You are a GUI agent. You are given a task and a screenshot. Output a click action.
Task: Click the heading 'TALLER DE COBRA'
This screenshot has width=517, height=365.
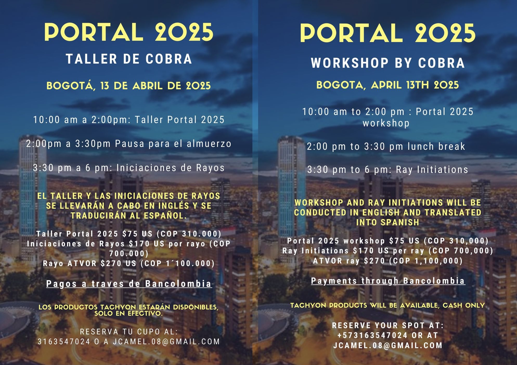(x=129, y=59)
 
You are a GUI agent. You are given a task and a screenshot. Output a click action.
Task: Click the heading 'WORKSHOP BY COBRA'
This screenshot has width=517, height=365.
(x=388, y=63)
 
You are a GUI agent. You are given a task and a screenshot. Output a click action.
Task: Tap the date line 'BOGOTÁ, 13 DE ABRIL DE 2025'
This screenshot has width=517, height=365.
(x=129, y=86)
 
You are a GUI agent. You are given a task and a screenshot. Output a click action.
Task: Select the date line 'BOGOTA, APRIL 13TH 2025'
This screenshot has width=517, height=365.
(x=387, y=85)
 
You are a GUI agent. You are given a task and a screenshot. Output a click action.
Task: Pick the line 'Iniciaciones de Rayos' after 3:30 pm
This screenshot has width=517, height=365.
(x=171, y=168)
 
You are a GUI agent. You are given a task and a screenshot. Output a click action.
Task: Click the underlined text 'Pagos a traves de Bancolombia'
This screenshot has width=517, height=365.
(x=129, y=284)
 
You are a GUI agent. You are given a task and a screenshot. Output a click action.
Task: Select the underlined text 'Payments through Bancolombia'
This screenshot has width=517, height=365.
(x=388, y=281)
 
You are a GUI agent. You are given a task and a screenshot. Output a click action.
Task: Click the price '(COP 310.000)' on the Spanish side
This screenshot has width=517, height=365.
(x=189, y=234)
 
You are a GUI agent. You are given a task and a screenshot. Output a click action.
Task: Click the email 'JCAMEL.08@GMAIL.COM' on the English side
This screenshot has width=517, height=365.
(x=388, y=346)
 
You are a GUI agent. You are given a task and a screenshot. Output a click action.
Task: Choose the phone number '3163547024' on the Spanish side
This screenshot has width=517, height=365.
(x=64, y=342)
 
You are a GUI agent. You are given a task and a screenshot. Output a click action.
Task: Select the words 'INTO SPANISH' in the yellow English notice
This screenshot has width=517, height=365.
(x=388, y=223)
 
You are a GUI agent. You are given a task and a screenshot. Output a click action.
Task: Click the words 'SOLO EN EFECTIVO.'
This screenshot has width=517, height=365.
(x=128, y=314)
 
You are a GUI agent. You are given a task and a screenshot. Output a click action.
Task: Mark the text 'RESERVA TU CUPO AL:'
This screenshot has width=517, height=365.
(x=129, y=332)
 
